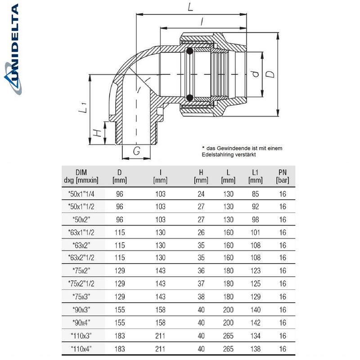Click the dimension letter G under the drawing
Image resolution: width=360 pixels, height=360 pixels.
135,151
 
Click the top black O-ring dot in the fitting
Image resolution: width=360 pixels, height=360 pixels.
190,50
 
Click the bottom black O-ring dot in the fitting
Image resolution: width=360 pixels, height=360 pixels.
190,97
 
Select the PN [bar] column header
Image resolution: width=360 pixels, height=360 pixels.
282,176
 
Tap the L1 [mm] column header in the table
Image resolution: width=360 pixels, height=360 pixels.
255,176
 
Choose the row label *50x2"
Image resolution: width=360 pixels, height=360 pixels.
81,220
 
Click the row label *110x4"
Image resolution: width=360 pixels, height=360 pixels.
81,348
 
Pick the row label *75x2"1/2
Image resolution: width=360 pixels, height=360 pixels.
81,284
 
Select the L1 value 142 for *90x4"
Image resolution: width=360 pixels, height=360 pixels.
255,322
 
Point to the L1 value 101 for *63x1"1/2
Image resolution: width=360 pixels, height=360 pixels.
255,233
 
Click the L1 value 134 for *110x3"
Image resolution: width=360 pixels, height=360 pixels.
255,335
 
